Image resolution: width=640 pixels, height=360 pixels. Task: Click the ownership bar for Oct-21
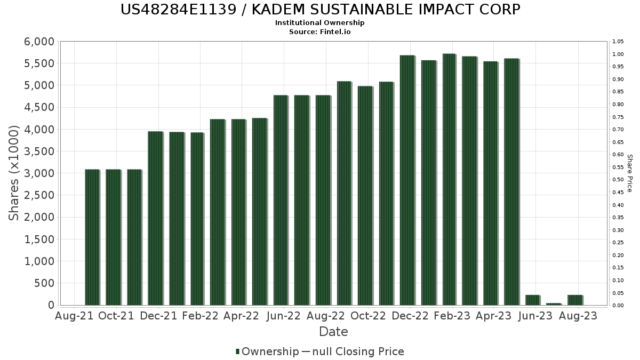(x=113, y=237)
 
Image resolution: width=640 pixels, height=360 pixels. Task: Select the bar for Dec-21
(x=155, y=218)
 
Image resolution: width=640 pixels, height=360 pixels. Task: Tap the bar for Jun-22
(x=281, y=200)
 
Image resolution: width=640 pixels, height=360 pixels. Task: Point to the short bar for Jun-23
(x=532, y=300)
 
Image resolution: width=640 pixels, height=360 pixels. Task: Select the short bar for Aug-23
(x=575, y=300)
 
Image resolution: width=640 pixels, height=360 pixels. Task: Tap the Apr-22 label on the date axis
(x=242, y=316)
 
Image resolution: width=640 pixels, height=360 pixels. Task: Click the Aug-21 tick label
(x=74, y=316)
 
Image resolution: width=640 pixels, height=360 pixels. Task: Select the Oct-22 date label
(x=368, y=316)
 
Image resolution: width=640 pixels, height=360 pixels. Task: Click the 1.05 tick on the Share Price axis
(x=618, y=42)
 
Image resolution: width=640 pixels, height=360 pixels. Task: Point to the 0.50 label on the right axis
(x=618, y=180)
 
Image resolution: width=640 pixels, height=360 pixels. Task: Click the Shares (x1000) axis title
(x=14, y=173)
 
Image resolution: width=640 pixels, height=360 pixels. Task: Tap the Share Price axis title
(x=629, y=173)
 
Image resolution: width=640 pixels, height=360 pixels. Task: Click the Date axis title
(x=333, y=332)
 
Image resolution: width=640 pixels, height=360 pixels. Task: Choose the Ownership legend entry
(x=267, y=351)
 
